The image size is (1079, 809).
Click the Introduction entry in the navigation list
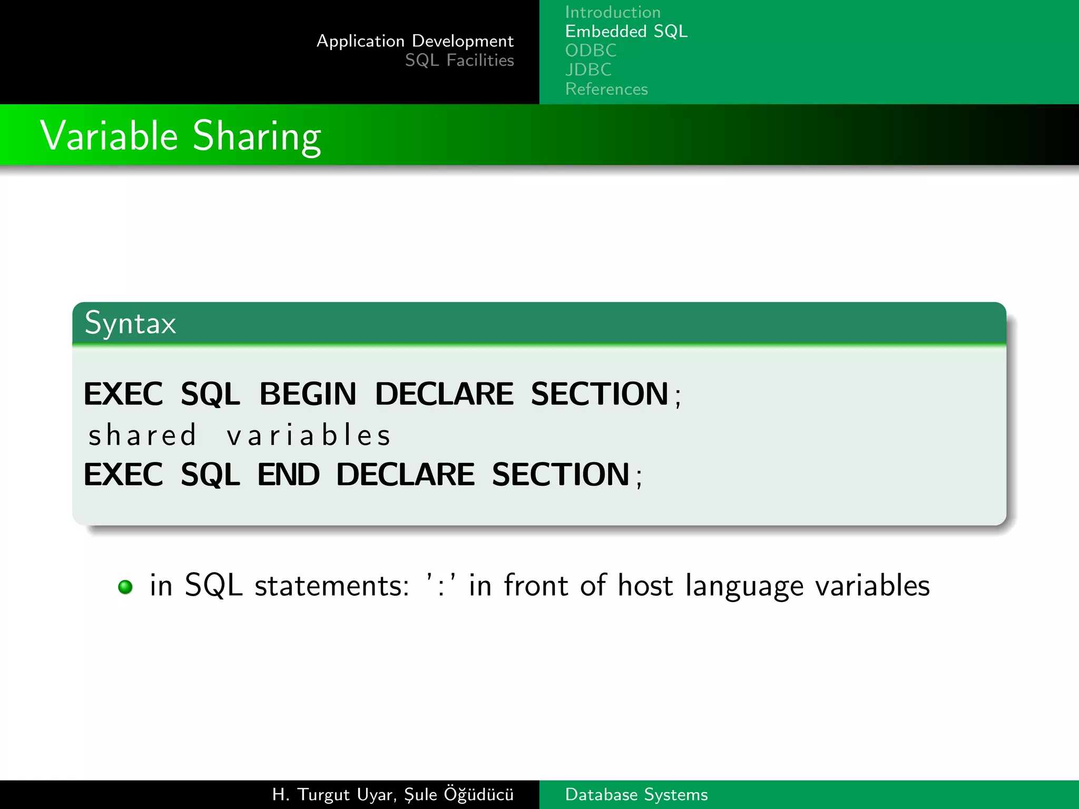point(612,12)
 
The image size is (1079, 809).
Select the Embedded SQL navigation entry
point(626,32)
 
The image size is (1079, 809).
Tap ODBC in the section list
point(591,51)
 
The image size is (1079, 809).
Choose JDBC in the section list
point(588,70)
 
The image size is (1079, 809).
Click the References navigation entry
point(606,89)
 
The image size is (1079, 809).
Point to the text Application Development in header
point(415,41)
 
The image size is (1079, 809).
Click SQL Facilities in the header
point(459,61)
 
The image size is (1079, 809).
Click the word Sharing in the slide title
point(257,136)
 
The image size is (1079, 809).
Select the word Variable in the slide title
point(109,136)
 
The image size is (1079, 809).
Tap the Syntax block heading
point(130,323)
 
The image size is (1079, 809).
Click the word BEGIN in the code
point(308,394)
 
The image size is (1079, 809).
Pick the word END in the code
point(288,475)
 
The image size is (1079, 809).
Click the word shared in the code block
point(142,436)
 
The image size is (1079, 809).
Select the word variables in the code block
point(309,436)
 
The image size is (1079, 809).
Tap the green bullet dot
point(125,587)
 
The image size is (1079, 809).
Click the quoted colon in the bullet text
point(440,586)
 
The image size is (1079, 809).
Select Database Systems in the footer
point(636,794)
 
